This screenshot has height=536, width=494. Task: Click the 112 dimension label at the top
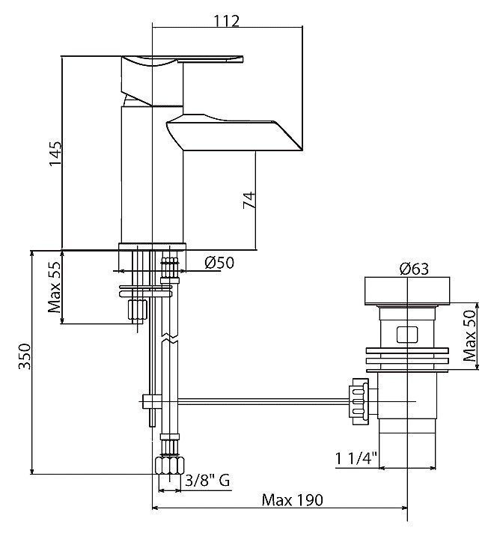pyautogui.click(x=227, y=21)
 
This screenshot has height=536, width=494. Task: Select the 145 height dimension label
pyautogui.click(x=55, y=153)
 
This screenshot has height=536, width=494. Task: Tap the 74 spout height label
pyautogui.click(x=248, y=201)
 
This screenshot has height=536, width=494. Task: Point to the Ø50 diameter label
pyautogui.click(x=219, y=263)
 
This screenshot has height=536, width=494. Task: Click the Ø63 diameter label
pyautogui.click(x=414, y=269)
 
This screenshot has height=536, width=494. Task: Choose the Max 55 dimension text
pyautogui.click(x=55, y=287)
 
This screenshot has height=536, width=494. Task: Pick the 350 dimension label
pyautogui.click(x=25, y=356)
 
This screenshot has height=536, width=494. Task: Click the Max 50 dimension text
pyautogui.click(x=470, y=335)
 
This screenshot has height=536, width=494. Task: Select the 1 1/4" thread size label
pyautogui.click(x=356, y=458)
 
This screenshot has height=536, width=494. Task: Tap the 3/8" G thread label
pyautogui.click(x=207, y=481)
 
